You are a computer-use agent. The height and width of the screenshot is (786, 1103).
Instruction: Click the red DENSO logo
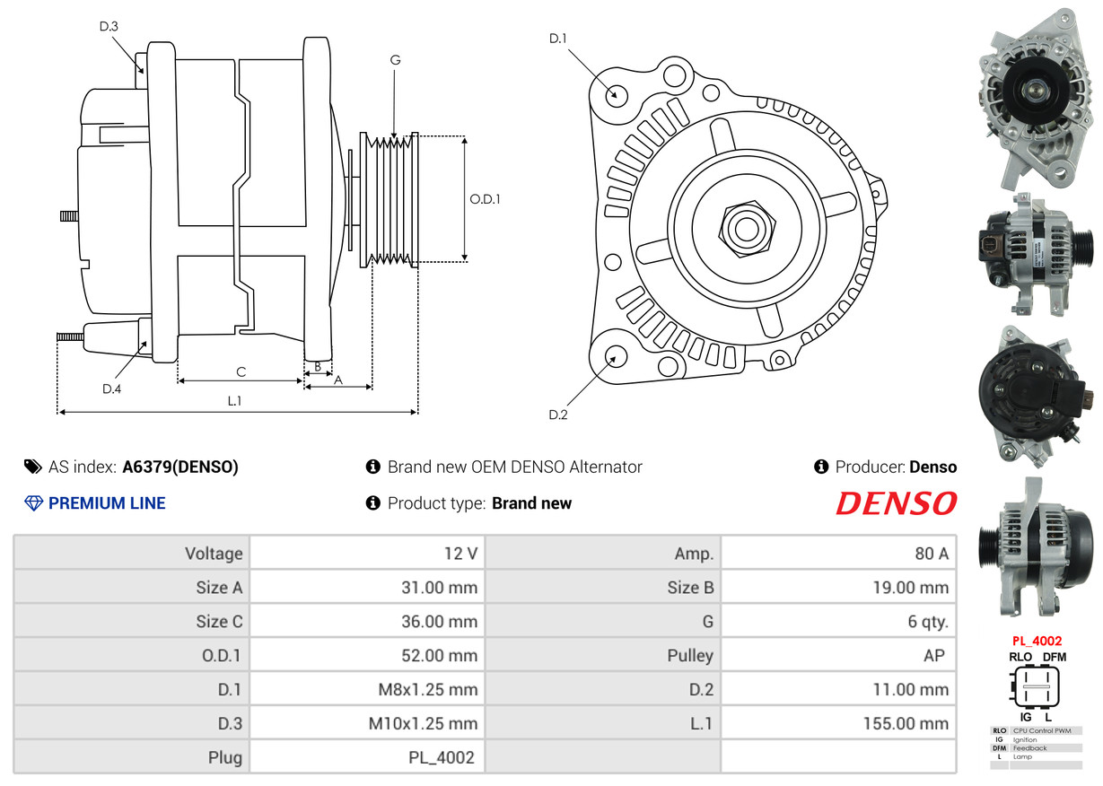[x=896, y=503]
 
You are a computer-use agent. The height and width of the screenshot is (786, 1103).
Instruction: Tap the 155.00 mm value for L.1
[x=906, y=723]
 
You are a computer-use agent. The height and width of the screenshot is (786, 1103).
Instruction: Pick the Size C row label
[x=219, y=621]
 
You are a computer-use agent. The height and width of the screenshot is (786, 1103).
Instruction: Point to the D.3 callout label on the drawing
[x=109, y=26]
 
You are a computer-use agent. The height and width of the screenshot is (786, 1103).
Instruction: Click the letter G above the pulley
[x=395, y=60]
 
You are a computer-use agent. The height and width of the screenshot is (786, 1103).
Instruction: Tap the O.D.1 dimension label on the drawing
[x=485, y=199]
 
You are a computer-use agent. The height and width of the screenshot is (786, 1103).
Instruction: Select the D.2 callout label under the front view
[x=558, y=415]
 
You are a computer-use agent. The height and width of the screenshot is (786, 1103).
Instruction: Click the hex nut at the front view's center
[x=747, y=229]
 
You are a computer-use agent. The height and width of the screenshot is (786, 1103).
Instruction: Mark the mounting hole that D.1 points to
[x=615, y=94]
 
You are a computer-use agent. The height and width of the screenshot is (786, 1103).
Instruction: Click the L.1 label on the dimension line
[x=234, y=401]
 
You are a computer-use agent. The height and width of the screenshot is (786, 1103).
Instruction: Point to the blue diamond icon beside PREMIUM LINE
[x=33, y=503]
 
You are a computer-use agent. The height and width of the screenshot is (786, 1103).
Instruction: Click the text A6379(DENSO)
[x=180, y=467]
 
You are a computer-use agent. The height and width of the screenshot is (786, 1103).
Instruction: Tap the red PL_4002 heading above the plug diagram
[x=1037, y=641]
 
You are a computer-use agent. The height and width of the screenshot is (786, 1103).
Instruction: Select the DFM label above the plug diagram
[x=1055, y=657]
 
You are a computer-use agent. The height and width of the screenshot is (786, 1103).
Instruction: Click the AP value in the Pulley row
[x=934, y=655]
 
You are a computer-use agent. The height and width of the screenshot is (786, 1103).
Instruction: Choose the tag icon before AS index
[x=33, y=467]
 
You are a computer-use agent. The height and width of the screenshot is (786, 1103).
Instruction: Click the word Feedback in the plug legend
[x=1029, y=747]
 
